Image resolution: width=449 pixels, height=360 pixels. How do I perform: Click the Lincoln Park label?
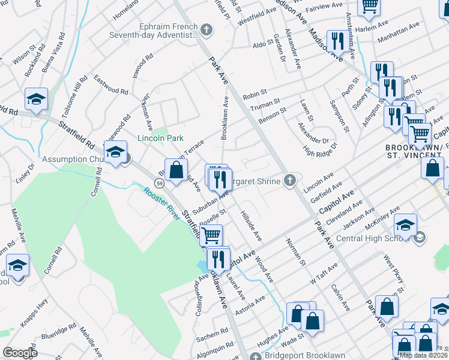point(160,138)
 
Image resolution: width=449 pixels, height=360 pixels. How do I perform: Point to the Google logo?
point(20,353)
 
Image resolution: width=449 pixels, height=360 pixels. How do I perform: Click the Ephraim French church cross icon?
point(206,29)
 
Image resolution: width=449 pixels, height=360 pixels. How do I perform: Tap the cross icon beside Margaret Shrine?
point(290,181)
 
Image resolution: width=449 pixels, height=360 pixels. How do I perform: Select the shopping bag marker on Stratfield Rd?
point(176,170)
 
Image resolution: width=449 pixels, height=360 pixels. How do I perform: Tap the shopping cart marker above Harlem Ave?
point(369,6)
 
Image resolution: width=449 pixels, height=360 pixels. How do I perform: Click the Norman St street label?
point(295,251)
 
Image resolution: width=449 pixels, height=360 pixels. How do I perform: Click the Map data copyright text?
point(423,355)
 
